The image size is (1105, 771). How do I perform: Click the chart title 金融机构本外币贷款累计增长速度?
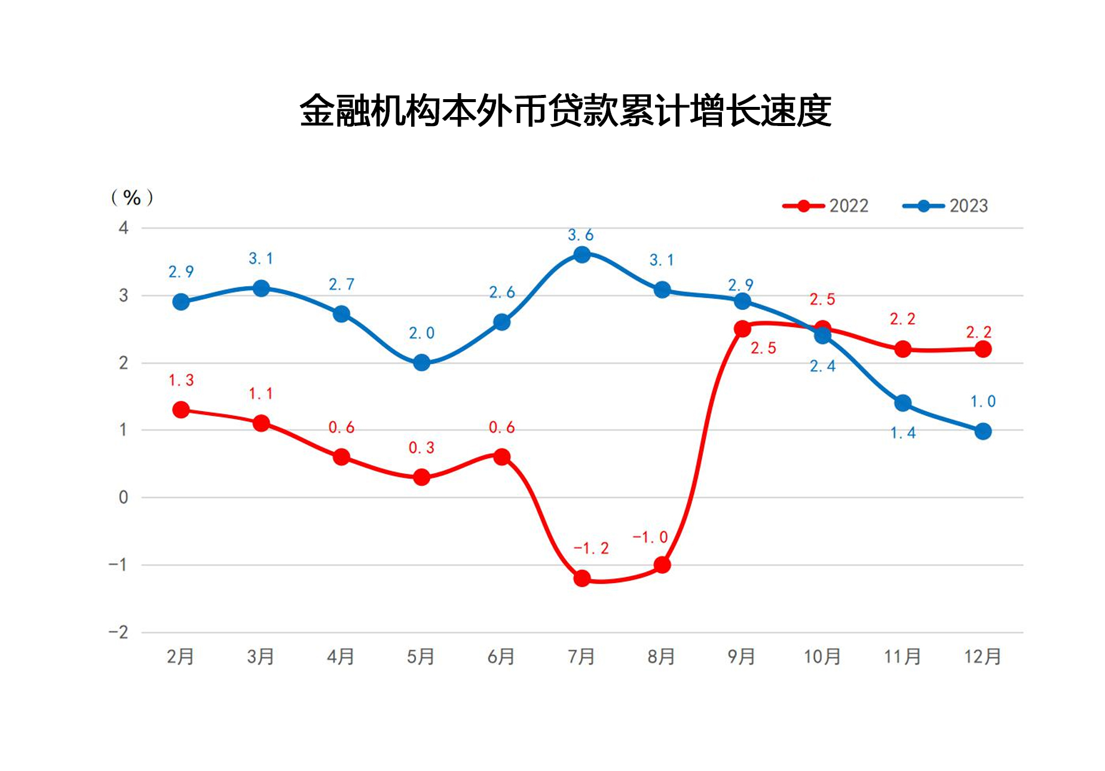565,110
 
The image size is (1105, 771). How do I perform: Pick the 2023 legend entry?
945,206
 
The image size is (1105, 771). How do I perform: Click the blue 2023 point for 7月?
581,255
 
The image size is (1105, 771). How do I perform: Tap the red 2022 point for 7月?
581,578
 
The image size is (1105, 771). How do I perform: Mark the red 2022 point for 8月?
662,565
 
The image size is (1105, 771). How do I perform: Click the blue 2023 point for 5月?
421,363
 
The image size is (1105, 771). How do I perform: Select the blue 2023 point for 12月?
982,431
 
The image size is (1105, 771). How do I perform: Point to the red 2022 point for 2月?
181,410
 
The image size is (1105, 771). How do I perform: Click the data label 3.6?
580,235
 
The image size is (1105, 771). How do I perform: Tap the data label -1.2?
590,548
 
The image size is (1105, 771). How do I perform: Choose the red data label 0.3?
421,447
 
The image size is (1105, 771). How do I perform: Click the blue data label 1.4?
902,432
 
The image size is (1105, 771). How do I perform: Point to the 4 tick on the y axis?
124,228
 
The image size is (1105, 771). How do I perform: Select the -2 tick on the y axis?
119,632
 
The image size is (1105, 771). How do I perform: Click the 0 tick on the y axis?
124,497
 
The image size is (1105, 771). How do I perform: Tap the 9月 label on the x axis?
741,656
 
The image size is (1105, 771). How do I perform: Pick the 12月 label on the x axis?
982,656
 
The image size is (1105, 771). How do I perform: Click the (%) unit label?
132,197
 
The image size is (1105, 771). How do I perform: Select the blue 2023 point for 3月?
261,288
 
